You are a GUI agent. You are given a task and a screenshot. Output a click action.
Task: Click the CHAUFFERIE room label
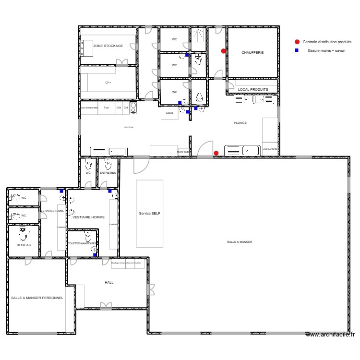point(252,52)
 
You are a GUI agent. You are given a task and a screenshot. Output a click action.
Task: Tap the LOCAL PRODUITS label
point(253,89)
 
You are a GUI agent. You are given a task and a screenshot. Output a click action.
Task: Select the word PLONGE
point(240,123)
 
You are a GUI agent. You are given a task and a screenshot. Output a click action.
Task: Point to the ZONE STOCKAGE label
point(108,46)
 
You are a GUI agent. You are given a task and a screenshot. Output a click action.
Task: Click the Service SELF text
point(149,213)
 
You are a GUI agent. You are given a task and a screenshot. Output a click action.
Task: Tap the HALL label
point(109,282)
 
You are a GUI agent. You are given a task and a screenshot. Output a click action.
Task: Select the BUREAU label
point(24,245)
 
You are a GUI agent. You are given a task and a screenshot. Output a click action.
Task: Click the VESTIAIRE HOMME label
point(88,217)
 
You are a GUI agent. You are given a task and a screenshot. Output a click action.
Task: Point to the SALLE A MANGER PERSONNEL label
point(37,298)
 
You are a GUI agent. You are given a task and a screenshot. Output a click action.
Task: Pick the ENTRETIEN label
point(108,173)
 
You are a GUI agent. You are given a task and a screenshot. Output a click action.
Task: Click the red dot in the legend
point(297,42)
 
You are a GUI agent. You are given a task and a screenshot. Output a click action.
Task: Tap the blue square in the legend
point(297,50)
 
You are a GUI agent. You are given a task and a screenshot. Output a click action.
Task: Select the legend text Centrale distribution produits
point(327,42)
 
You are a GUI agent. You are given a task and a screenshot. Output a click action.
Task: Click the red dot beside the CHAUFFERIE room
point(223,51)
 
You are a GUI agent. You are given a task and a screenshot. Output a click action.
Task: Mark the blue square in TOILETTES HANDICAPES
point(95,255)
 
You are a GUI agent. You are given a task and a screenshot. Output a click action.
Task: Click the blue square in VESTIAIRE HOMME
point(110,191)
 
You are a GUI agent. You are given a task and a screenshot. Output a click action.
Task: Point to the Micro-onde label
point(183,152)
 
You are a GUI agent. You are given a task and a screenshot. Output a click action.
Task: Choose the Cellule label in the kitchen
point(169,113)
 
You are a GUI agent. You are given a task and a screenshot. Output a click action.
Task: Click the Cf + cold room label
point(108,83)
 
